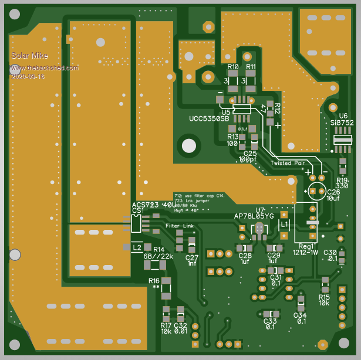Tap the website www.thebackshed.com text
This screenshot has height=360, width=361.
44,68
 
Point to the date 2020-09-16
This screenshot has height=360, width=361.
28,76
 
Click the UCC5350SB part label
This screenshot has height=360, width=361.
209,119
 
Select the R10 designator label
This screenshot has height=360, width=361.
233,67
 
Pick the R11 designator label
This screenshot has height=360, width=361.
251,67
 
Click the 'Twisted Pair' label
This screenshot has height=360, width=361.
288,163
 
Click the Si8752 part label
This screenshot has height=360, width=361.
342,123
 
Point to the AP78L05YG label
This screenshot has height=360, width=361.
254,216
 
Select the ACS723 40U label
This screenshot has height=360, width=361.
154,205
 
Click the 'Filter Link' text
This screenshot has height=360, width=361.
180,226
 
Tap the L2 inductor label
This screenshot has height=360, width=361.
137,247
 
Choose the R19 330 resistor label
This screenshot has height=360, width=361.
342,183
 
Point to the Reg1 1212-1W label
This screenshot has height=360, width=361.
307,249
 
